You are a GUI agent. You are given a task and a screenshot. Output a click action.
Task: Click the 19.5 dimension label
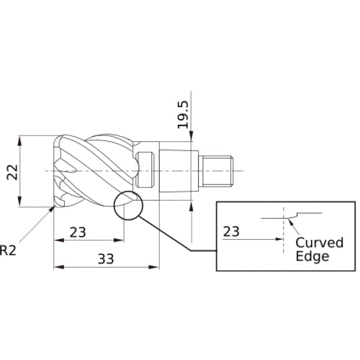point(184,114)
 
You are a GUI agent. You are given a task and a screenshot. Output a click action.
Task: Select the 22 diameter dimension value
point(12,172)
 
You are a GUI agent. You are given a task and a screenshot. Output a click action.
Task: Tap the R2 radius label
point(8,250)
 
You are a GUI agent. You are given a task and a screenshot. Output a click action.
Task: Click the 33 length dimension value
point(106,259)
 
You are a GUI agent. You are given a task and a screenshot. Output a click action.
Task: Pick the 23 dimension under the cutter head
point(78,233)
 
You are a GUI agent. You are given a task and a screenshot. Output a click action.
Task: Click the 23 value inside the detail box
point(231,232)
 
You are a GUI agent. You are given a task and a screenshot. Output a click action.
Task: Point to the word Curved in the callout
point(320,243)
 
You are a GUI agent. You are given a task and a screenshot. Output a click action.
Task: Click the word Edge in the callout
point(312,256)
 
